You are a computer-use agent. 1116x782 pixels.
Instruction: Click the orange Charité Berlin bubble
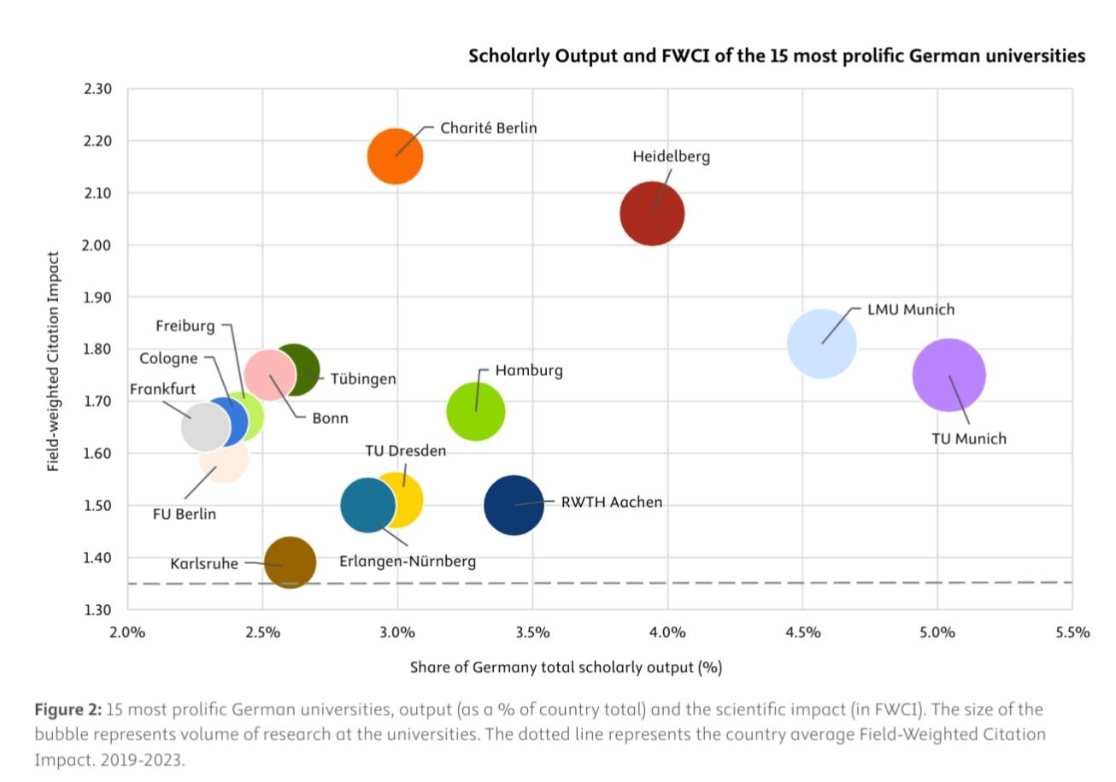(395, 156)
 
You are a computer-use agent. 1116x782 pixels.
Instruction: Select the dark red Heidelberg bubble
(652, 214)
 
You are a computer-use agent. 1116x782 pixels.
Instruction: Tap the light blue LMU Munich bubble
(821, 344)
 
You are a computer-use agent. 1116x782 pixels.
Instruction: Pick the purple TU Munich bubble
(949, 375)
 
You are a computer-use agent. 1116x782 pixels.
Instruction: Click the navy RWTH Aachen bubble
(514, 505)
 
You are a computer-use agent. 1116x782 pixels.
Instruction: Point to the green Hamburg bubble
(476, 411)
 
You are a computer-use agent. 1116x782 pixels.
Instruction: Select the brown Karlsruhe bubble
(290, 562)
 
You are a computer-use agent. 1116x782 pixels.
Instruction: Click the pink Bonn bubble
(268, 374)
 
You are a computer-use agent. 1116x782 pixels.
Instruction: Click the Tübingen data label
(363, 379)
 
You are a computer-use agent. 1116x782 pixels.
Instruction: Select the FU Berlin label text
(184, 514)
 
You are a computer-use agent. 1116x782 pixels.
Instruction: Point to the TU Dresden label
(405, 450)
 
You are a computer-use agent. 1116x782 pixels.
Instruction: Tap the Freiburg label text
(185, 326)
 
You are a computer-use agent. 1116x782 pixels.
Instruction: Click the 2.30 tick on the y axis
(98, 89)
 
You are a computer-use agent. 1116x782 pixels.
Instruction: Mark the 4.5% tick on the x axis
(802, 632)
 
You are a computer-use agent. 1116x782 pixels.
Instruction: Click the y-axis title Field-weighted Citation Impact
(54, 361)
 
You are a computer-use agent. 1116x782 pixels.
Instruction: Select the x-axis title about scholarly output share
(566, 667)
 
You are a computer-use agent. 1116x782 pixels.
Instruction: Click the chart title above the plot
(776, 56)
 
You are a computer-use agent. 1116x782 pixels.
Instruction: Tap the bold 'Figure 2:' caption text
(68, 709)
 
